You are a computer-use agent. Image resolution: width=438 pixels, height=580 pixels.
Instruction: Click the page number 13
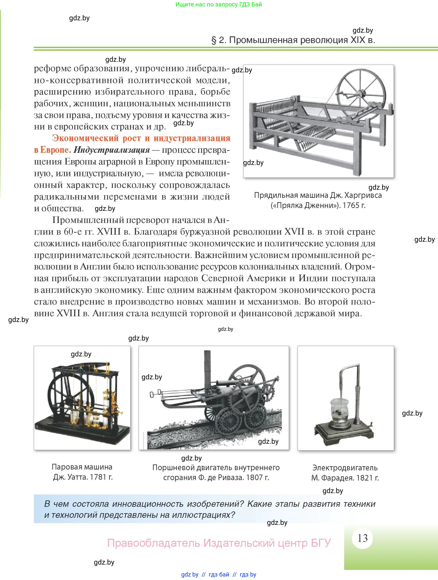(362, 538)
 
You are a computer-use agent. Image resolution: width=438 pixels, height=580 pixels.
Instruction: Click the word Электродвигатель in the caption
(345, 468)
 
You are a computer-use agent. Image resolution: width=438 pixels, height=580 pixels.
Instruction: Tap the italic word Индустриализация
(111, 150)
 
